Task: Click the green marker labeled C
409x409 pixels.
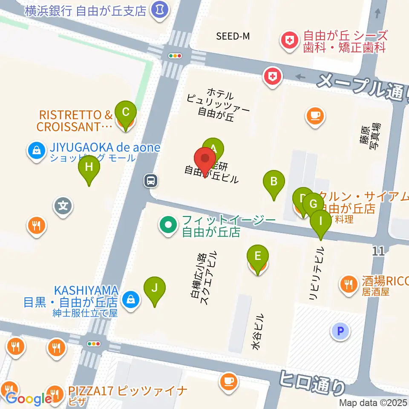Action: (125, 112)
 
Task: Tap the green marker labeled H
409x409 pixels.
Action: (89, 167)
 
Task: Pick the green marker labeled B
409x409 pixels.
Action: (274, 181)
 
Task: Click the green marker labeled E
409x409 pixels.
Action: (258, 256)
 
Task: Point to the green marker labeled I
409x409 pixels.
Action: (320, 221)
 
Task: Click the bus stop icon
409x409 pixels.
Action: (151, 181)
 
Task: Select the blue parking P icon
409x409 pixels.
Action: (341, 331)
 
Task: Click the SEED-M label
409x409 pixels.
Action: (233, 36)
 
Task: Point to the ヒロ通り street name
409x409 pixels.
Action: (314, 381)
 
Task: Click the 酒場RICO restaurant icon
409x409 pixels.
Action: (350, 283)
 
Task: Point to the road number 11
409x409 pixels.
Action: (378, 251)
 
